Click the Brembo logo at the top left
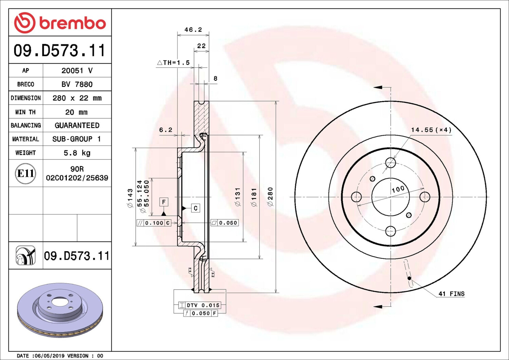click(60, 23)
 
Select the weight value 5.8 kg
click(77, 153)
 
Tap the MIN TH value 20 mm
click(76, 112)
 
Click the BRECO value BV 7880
click(77, 84)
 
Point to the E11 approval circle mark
click(26, 173)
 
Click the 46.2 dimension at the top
click(193, 30)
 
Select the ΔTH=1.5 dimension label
click(173, 62)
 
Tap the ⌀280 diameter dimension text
click(270, 197)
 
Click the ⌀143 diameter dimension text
click(130, 198)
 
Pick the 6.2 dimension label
click(166, 130)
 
